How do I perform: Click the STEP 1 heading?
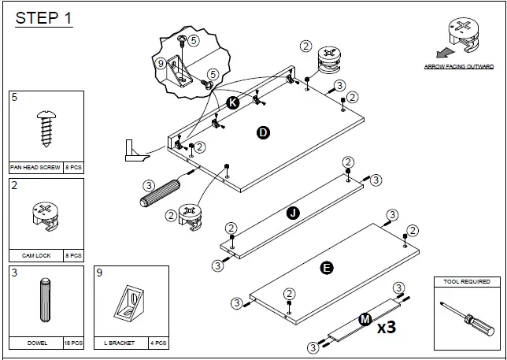[x=44, y=17]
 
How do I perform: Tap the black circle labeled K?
[x=232, y=103]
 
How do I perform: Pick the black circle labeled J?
[x=292, y=213]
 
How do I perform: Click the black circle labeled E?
[x=327, y=268]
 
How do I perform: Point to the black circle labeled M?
[x=365, y=319]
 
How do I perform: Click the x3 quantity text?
[x=385, y=327]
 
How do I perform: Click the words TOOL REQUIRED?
[x=467, y=281]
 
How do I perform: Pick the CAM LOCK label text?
[x=30, y=255]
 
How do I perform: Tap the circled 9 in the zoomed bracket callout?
[x=161, y=64]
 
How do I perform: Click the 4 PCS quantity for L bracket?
[x=157, y=343]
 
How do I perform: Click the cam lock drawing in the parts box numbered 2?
[x=44, y=216]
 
